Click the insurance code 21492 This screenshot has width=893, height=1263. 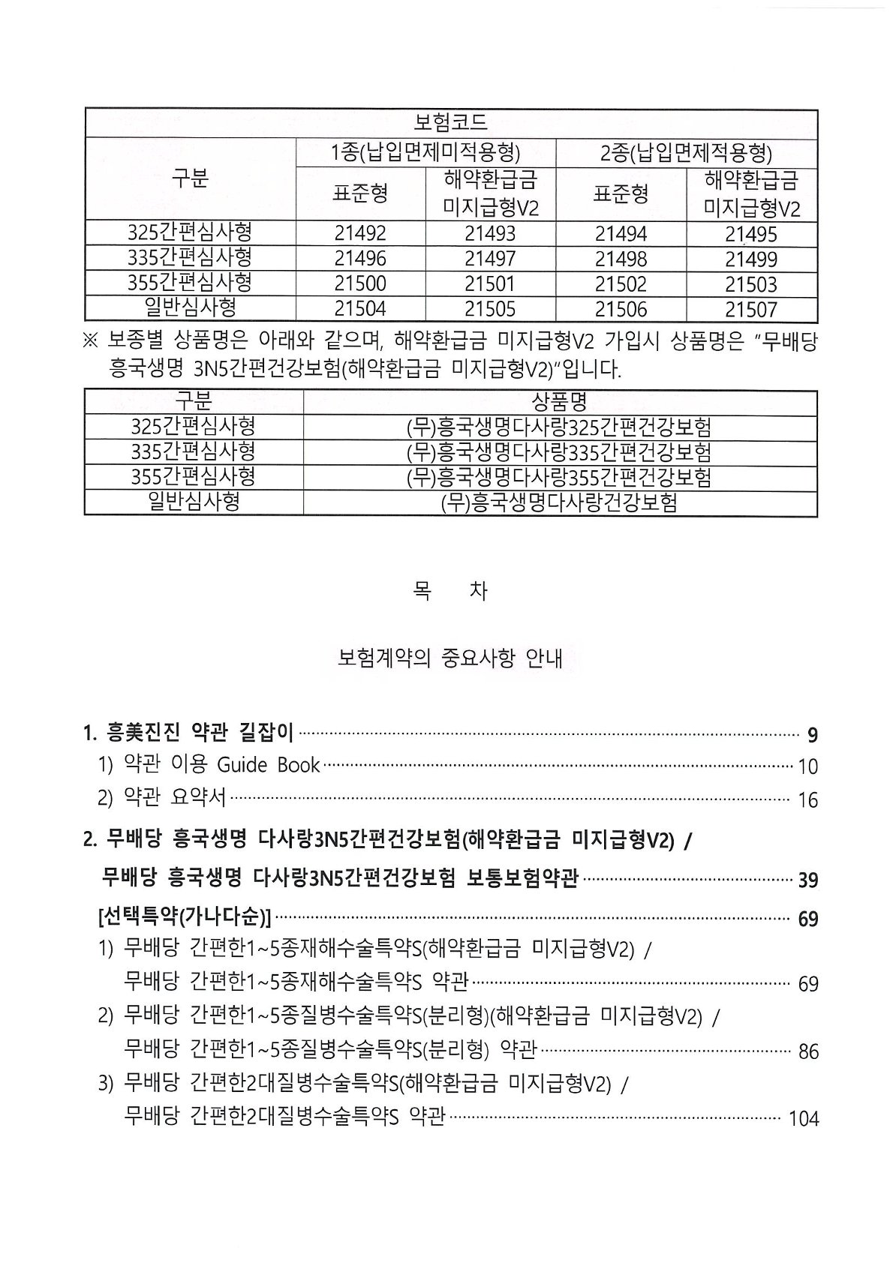(360, 233)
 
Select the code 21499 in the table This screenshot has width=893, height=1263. (751, 259)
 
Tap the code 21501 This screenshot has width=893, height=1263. (490, 284)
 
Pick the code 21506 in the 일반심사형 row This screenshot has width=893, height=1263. (621, 309)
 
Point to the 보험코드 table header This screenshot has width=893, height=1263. (450, 121)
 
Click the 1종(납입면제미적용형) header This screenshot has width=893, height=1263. (425, 153)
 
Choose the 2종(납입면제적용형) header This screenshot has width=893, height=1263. (686, 153)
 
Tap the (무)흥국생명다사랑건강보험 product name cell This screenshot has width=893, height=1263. (559, 502)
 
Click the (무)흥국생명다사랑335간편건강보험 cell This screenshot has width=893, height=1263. (559, 451)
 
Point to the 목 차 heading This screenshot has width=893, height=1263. (450, 591)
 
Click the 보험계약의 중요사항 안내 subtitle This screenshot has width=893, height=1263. (450, 659)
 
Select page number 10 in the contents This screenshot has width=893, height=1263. (807, 766)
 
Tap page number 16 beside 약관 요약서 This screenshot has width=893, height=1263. (807, 800)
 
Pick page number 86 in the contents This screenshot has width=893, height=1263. (808, 1051)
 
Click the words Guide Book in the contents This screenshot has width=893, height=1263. (269, 765)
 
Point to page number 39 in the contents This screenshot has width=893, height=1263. (808, 880)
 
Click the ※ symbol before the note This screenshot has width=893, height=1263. (90, 342)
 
